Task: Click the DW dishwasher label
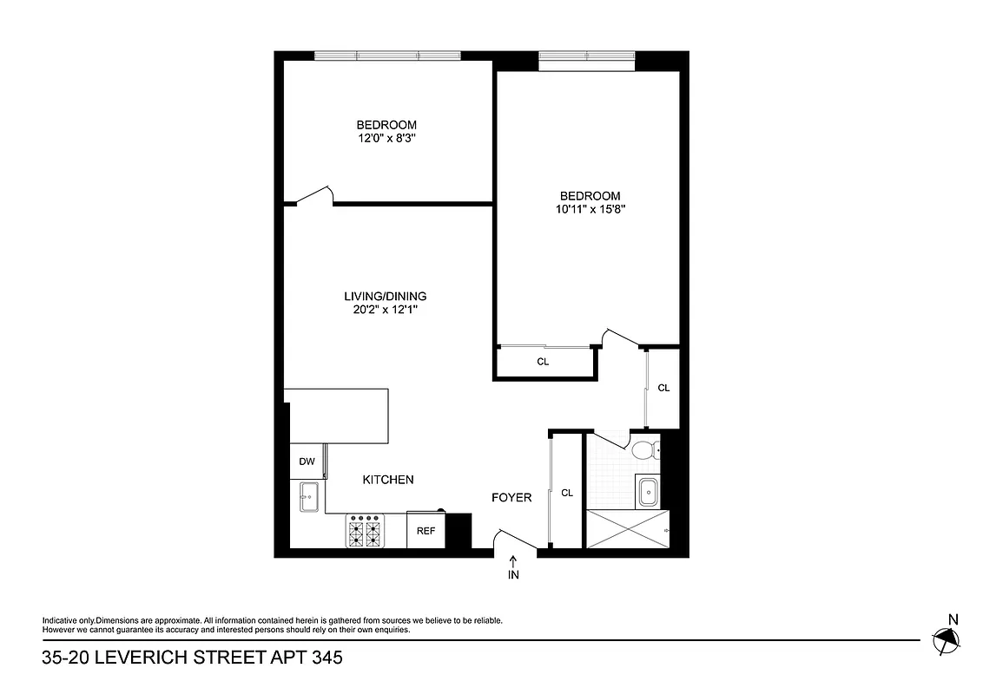click(307, 462)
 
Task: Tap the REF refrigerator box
click(426, 531)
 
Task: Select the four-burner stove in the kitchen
click(365, 531)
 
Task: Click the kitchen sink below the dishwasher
click(308, 497)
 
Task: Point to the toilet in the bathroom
click(645, 450)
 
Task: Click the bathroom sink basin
click(647, 492)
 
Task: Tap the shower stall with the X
click(628, 529)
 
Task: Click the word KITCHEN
click(387, 480)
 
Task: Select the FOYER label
click(511, 498)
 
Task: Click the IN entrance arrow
click(513, 568)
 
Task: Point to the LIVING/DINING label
click(386, 296)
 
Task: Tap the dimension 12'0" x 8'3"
click(386, 138)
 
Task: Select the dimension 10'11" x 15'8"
click(590, 209)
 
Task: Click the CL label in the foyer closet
click(567, 493)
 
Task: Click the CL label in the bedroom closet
click(543, 362)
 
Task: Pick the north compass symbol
click(947, 640)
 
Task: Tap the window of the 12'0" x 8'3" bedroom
click(387, 56)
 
